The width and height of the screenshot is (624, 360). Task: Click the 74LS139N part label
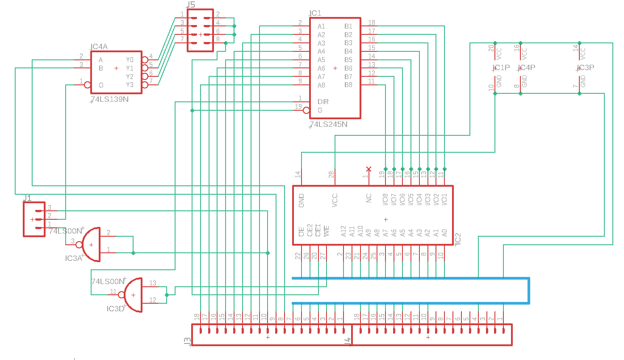click(x=110, y=99)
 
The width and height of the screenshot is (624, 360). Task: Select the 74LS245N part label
click(x=329, y=124)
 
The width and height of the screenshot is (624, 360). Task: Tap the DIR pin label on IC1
click(x=323, y=102)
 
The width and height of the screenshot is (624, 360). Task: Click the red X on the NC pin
click(x=369, y=169)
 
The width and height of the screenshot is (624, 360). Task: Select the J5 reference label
click(x=191, y=5)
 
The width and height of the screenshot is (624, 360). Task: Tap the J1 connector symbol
click(x=34, y=219)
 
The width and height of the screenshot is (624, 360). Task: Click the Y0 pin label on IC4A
click(x=130, y=60)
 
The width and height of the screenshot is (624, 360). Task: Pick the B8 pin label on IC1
click(x=348, y=85)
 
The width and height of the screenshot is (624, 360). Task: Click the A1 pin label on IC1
click(x=321, y=26)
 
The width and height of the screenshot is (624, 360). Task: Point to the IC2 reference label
click(x=457, y=239)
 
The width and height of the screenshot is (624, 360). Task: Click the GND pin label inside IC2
click(x=302, y=199)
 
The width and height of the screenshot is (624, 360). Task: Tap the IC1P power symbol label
click(x=501, y=68)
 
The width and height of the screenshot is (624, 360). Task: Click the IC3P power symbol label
click(x=585, y=68)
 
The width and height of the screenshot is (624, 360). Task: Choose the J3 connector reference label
click(x=188, y=341)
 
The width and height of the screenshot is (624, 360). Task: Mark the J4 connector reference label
click(x=348, y=341)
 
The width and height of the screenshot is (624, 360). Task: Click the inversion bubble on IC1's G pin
click(x=306, y=110)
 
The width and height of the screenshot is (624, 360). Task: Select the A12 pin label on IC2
click(x=343, y=231)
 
